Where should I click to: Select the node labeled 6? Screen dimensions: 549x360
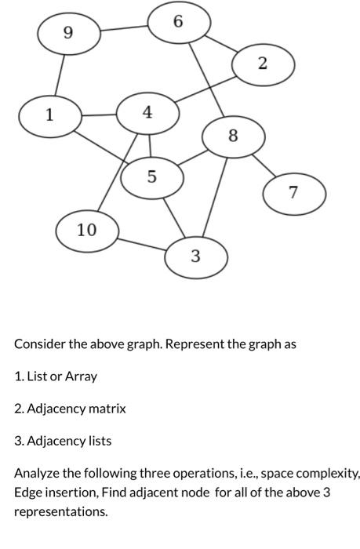click(179, 22)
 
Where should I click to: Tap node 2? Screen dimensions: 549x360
click(263, 64)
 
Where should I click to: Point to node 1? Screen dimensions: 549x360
click(49, 115)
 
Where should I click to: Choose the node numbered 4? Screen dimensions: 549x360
click(147, 113)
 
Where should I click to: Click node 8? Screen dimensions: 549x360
click(233, 136)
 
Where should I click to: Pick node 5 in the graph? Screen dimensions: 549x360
click(152, 177)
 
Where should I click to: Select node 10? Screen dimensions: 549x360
click(87, 231)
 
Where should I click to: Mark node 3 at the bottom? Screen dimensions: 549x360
click(195, 256)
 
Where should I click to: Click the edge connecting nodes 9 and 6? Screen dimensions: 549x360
click(123, 28)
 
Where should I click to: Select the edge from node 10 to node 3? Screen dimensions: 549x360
click(141, 243)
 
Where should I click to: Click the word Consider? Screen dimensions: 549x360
click(38, 344)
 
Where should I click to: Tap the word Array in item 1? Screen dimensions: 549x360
click(81, 376)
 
